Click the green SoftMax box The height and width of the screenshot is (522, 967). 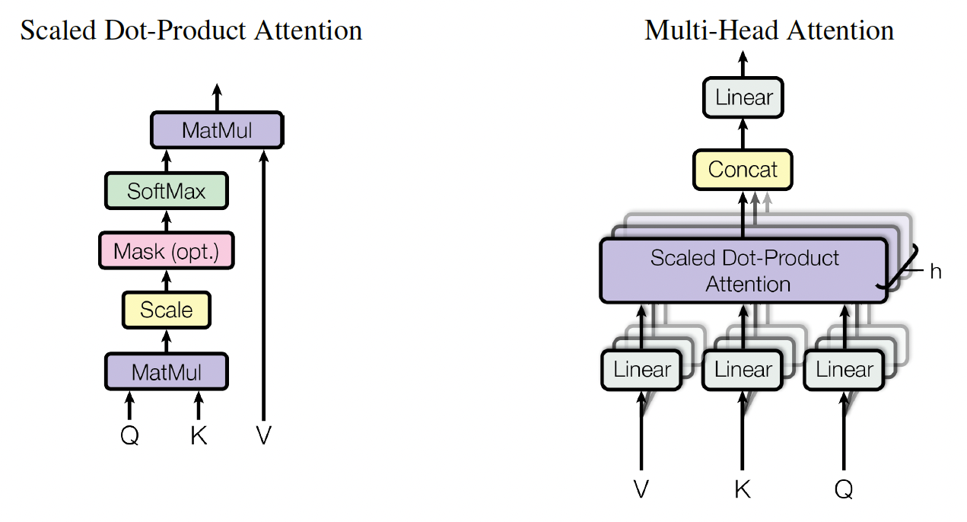pyautogui.click(x=166, y=190)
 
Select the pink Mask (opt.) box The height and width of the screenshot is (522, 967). pyautogui.click(x=166, y=250)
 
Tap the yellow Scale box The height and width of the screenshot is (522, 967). pyautogui.click(x=166, y=310)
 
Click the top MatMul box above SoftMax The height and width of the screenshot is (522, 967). pyautogui.click(x=217, y=130)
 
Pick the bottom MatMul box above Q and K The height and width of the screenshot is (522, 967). pyautogui.click(x=166, y=371)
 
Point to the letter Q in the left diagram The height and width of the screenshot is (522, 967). pyautogui.click(x=129, y=436)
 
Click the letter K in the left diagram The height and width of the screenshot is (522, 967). pyautogui.click(x=199, y=436)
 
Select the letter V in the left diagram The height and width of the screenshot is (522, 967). pyautogui.click(x=263, y=436)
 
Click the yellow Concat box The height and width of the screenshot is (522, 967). pyautogui.click(x=743, y=169)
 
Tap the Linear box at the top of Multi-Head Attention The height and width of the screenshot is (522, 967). pyautogui.click(x=743, y=97)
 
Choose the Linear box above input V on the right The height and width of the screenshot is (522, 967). pyautogui.click(x=641, y=370)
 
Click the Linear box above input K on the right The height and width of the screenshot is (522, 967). pyautogui.click(x=743, y=370)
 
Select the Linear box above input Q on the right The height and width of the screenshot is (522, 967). pyautogui.click(x=844, y=370)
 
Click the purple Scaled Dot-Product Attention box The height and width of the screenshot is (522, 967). pyautogui.click(x=743, y=271)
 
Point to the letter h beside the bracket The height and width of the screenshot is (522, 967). pyautogui.click(x=935, y=272)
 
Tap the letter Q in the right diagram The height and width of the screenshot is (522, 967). pyautogui.click(x=843, y=489)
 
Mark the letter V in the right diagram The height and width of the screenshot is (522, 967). pyautogui.click(x=641, y=489)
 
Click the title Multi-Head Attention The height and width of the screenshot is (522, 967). pyautogui.click(x=768, y=30)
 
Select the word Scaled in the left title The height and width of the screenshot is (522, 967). pyautogui.click(x=57, y=30)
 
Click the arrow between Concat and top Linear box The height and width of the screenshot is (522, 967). pyautogui.click(x=743, y=135)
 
